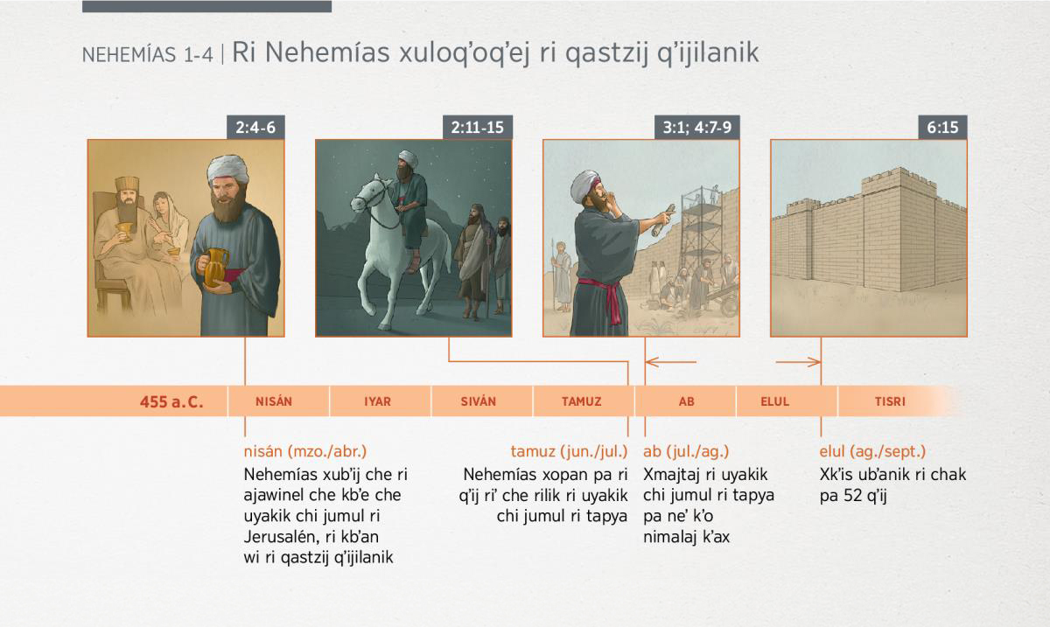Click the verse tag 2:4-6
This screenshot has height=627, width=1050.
(x=255, y=127)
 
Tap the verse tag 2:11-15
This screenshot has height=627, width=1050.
(x=477, y=127)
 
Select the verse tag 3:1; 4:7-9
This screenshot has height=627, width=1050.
(x=697, y=127)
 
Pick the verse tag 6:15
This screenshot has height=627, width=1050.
(x=942, y=127)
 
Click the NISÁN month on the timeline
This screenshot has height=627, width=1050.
(x=274, y=401)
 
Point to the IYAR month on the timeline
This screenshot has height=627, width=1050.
(x=377, y=401)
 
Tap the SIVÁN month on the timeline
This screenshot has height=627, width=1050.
(x=478, y=401)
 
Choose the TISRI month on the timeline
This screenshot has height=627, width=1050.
(x=890, y=401)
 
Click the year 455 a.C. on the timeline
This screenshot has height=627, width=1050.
(x=171, y=402)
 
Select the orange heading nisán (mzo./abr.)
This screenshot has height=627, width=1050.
(x=305, y=451)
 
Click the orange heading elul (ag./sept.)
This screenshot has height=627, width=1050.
(x=873, y=451)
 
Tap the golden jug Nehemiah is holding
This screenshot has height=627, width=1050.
(x=215, y=267)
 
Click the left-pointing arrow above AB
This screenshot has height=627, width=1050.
(x=671, y=362)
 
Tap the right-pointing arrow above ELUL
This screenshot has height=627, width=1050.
(x=798, y=362)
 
